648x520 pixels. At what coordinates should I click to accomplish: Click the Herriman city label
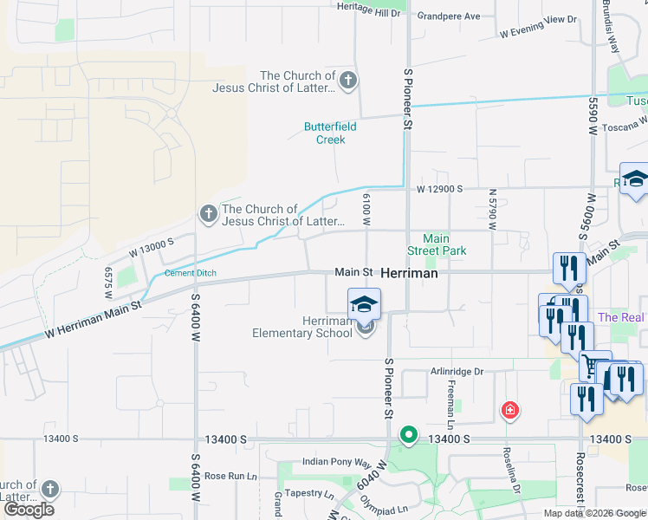click(409, 272)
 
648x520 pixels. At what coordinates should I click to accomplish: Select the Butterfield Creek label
click(330, 133)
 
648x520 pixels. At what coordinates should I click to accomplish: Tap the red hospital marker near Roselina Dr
click(510, 409)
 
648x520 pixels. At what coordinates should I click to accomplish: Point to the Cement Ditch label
click(191, 274)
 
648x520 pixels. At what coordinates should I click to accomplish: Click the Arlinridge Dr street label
click(457, 372)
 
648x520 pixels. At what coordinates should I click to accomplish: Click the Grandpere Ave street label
click(448, 16)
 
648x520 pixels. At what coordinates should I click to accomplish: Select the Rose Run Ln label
click(230, 476)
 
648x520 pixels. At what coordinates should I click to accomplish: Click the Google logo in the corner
click(29, 510)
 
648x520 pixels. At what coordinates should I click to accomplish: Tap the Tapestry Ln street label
click(309, 493)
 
